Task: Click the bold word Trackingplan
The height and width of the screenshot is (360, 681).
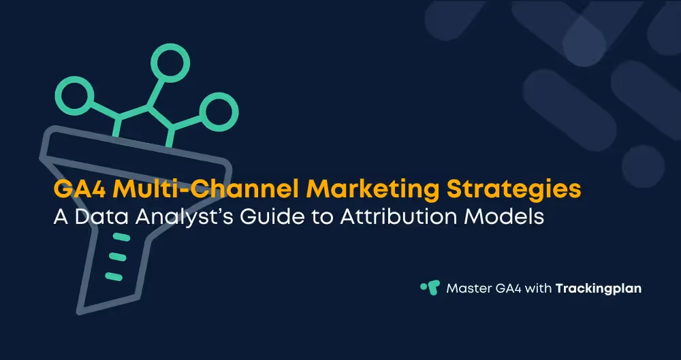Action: (x=598, y=288)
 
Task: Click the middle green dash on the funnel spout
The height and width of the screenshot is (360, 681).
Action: (x=117, y=257)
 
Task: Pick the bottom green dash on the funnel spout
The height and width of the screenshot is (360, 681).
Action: (x=114, y=276)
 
